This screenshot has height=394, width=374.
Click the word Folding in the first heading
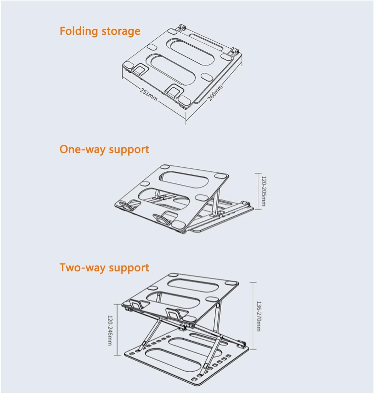[x=79, y=31]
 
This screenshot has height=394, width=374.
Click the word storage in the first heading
[x=121, y=31]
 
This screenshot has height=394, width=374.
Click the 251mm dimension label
[x=148, y=95]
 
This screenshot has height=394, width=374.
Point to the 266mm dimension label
[x=215, y=93]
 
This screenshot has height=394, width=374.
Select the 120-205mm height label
[x=264, y=191]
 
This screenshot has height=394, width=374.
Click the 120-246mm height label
[x=110, y=330]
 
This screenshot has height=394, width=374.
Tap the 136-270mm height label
[x=258, y=316]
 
